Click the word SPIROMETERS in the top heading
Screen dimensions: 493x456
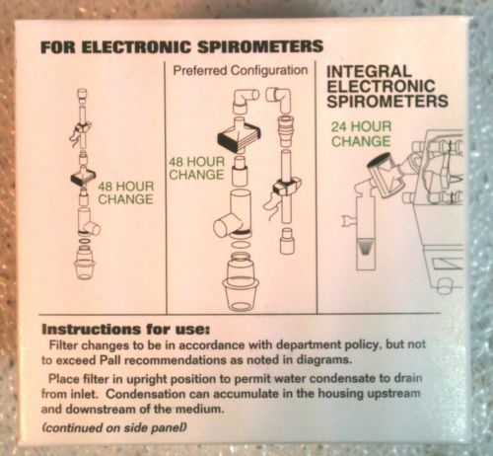[x=259, y=47]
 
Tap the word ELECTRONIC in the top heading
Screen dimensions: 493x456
[x=136, y=47]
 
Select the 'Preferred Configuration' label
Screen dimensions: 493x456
[x=241, y=70]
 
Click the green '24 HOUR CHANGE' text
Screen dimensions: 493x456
[x=361, y=134]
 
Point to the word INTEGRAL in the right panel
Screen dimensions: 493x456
[x=369, y=72]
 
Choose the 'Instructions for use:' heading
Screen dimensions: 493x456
[x=125, y=330]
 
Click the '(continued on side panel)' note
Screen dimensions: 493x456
[x=114, y=427]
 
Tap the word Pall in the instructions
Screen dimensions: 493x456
[x=110, y=360]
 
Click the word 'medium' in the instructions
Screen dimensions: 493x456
[x=199, y=410]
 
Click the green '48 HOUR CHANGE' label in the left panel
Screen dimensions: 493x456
[x=126, y=192]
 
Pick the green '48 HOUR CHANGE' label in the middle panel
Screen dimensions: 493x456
[x=196, y=168]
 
